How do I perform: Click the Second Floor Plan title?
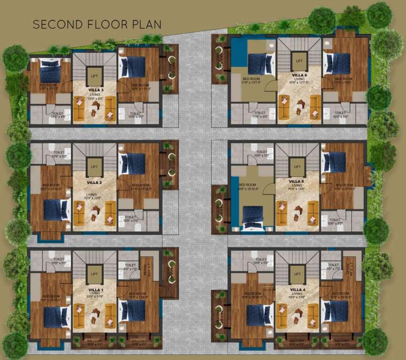(x=97, y=24)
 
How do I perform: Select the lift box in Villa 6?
(x=299, y=61)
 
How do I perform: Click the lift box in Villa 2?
(x=94, y=166)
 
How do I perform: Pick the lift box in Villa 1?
(x=94, y=274)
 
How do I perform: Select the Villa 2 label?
(x=94, y=179)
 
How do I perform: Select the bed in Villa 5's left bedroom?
(x=253, y=217)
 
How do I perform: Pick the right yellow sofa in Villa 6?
(x=315, y=107)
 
